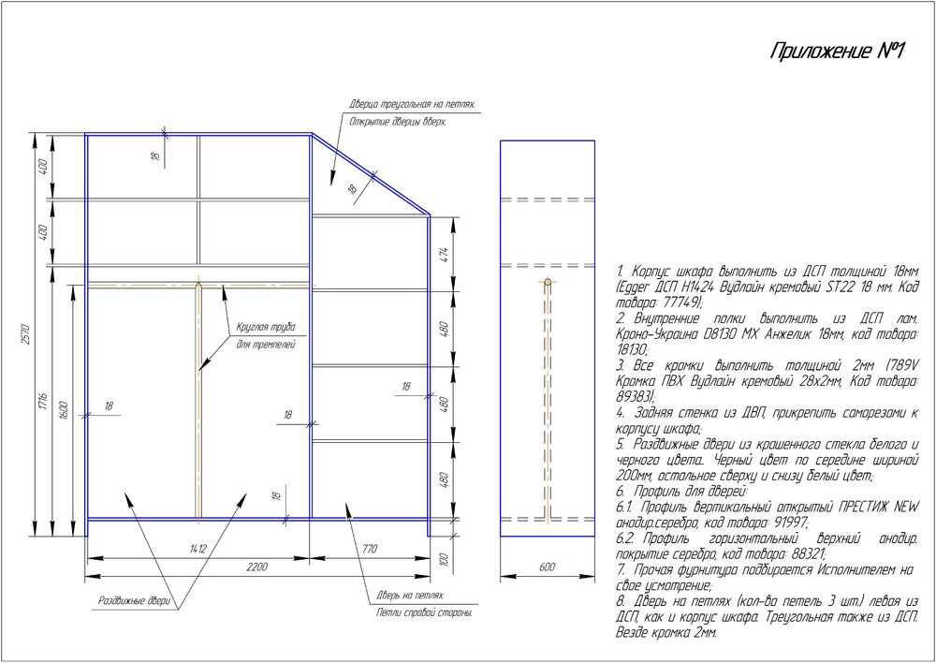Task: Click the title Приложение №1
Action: [x=838, y=52]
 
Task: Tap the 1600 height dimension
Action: [x=66, y=410]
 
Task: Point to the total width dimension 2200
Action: [x=257, y=567]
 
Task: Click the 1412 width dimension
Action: [x=197, y=549]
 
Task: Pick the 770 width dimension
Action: [x=370, y=549]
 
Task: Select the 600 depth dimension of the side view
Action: [x=547, y=567]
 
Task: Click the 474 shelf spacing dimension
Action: [x=444, y=255]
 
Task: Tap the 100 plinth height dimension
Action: [x=444, y=559]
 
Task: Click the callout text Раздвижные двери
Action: [x=134, y=600]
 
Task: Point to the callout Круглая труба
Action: [x=266, y=328]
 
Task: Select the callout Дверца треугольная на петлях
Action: [x=413, y=105]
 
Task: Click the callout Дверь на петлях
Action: [x=411, y=596]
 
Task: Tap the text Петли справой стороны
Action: [x=424, y=613]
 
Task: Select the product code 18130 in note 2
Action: [x=632, y=349]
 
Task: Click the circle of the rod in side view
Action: [x=548, y=282]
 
